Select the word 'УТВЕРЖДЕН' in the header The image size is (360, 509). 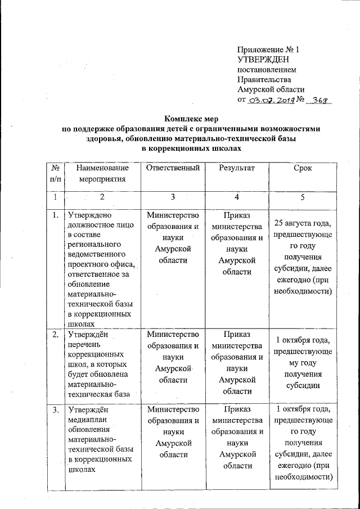pos(263,60)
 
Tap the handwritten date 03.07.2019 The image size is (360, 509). pos(268,100)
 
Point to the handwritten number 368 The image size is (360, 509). pos(320,100)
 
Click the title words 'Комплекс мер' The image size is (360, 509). pos(191,119)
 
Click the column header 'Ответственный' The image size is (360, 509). pos(173,168)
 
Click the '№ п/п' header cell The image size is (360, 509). pos(55,173)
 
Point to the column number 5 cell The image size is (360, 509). pos(303,197)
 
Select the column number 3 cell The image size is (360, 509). pos(173,197)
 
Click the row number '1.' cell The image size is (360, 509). pos(55,215)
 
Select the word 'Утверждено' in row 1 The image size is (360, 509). pos(90,215)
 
